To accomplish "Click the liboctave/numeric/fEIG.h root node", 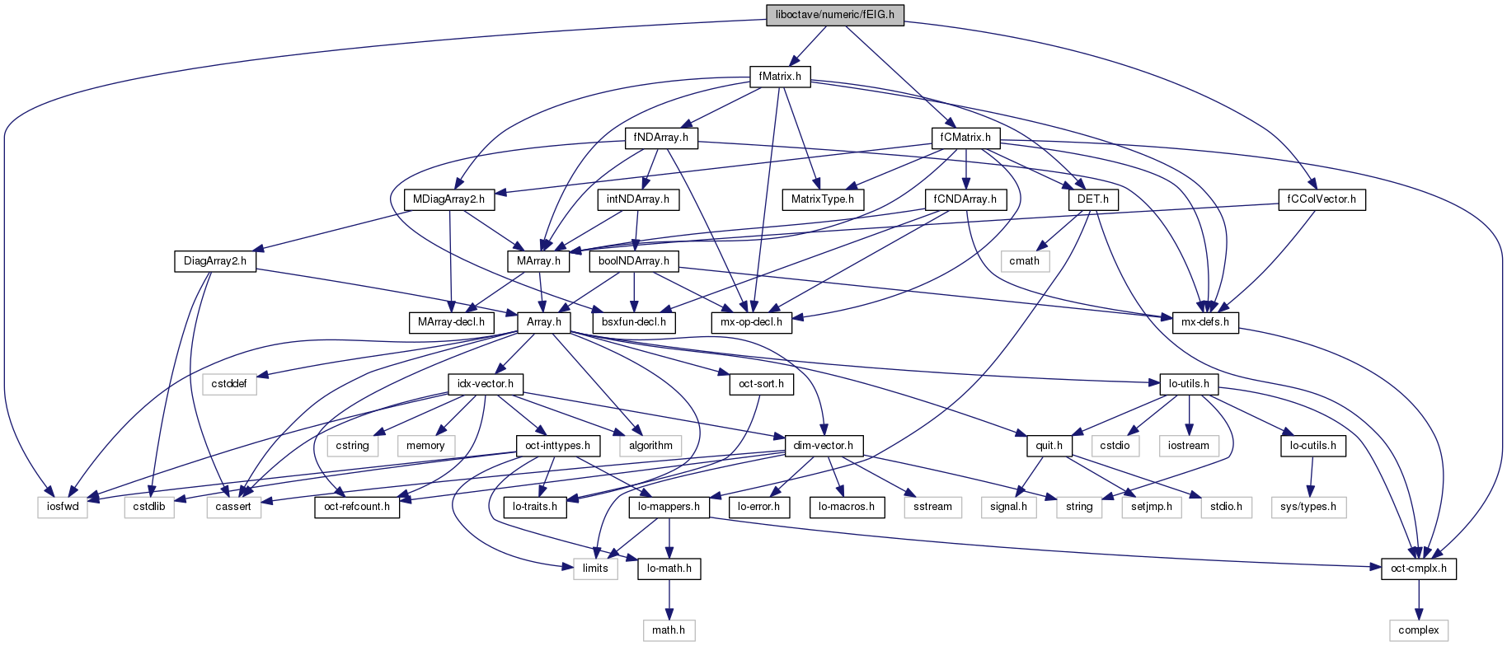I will pyautogui.click(x=835, y=15).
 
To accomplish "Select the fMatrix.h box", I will pyautogui.click(x=780, y=77).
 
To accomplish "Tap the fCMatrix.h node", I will pyautogui.click(x=965, y=138).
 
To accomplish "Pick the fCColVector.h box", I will pyautogui.click(x=1322, y=199).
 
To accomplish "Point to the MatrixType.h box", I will pyautogui.click(x=822, y=199).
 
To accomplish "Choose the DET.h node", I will pyautogui.click(x=1093, y=199).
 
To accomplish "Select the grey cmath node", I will pyautogui.click(x=1024, y=260).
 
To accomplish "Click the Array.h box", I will pyautogui.click(x=544, y=322).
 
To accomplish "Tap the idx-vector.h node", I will pyautogui.click(x=486, y=384).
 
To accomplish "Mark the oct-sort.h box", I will pyautogui.click(x=762, y=384).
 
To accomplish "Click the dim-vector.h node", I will pyautogui.click(x=823, y=446).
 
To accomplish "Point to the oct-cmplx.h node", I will pyautogui.click(x=1418, y=569).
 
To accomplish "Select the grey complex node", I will pyautogui.click(x=1418, y=630).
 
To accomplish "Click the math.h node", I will pyautogui.click(x=669, y=630).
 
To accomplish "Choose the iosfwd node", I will pyautogui.click(x=63, y=507).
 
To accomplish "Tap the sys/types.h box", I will pyautogui.click(x=1308, y=507).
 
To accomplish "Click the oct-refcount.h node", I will pyautogui.click(x=357, y=507).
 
